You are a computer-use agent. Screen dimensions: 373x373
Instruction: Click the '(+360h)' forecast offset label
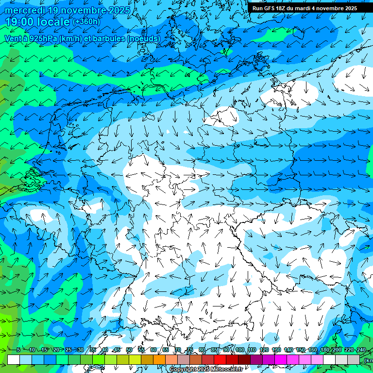[x=86, y=21]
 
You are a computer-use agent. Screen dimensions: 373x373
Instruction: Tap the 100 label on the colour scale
[x=239, y=350]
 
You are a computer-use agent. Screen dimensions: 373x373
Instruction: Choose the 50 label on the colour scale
[x=129, y=350]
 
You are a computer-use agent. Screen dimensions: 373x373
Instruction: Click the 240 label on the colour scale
[x=361, y=350]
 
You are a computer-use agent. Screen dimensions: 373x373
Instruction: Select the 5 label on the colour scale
[x=18, y=350]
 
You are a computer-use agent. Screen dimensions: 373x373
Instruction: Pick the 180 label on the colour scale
[x=325, y=350]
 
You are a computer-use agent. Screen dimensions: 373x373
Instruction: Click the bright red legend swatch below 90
[x=220, y=359]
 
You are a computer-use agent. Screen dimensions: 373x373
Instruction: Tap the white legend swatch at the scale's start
[x=14, y=359]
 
